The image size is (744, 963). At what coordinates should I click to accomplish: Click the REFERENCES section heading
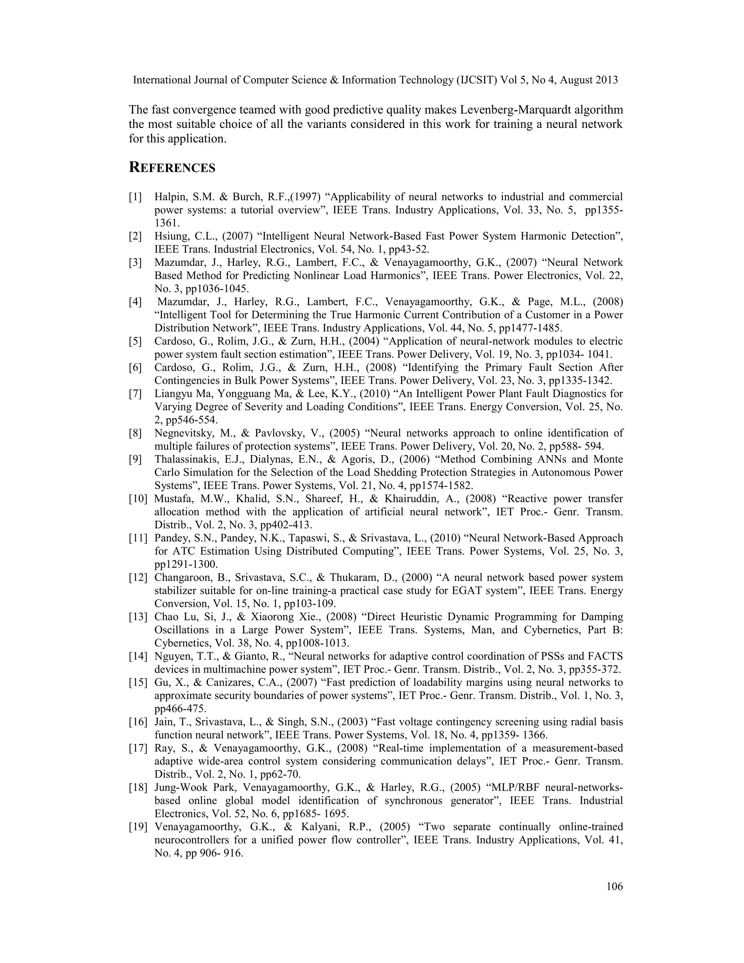[x=172, y=168]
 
